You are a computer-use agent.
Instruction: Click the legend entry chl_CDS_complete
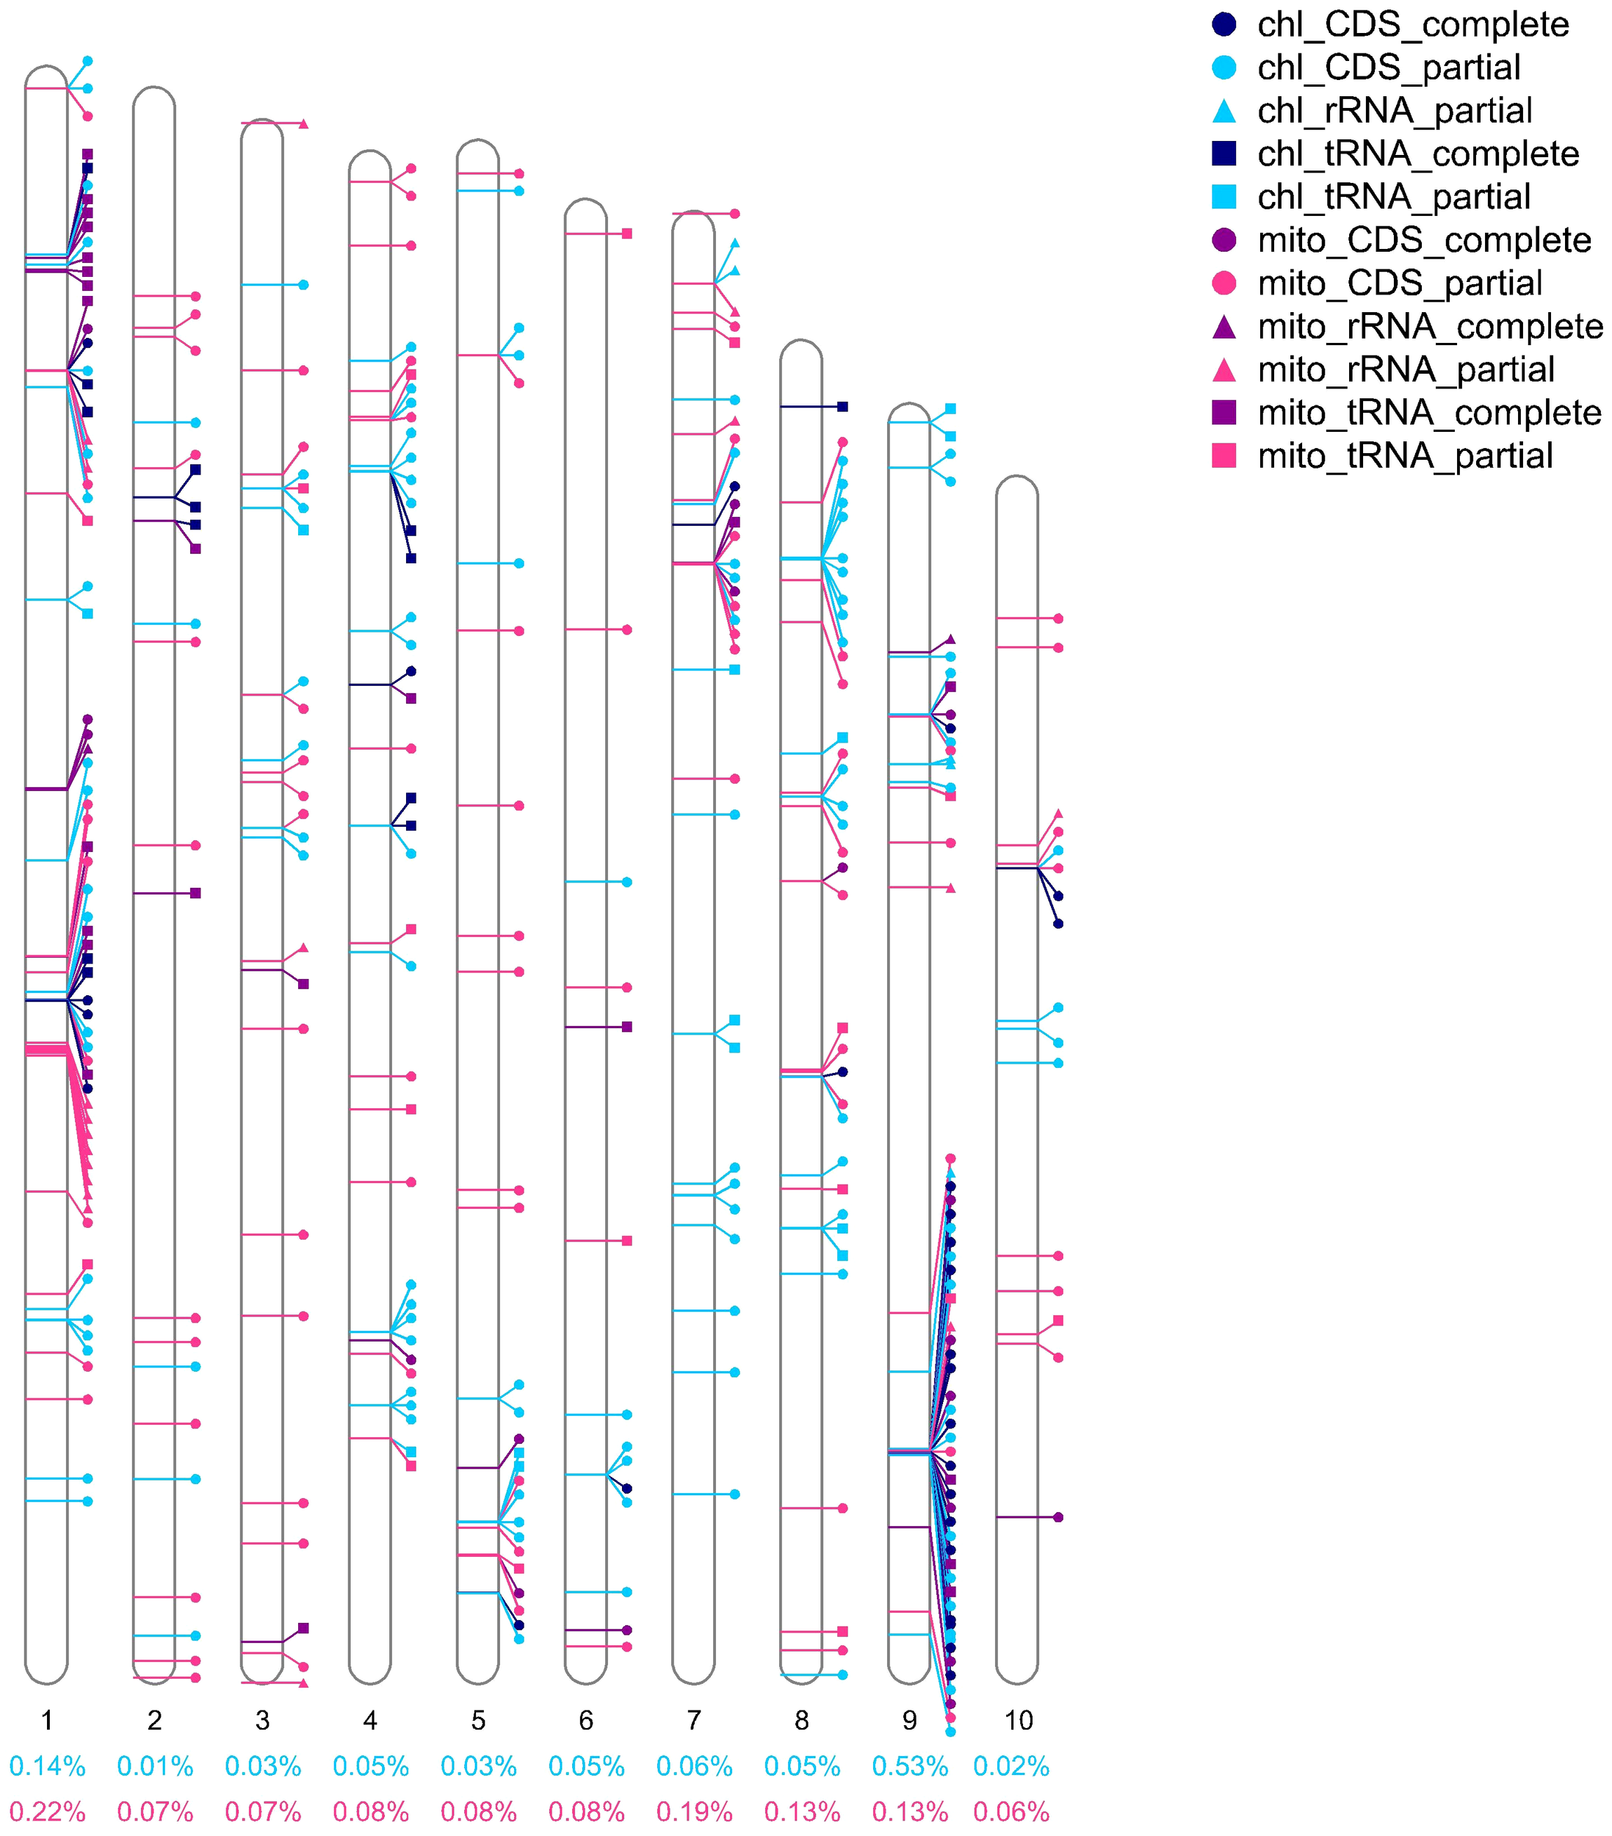point(1413,25)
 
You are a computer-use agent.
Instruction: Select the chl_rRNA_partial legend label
point(1395,112)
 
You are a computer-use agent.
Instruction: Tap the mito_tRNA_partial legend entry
point(1405,456)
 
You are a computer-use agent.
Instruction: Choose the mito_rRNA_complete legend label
point(1430,327)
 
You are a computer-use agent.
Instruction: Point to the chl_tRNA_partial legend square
point(1224,197)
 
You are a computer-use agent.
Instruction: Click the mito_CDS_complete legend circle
point(1224,240)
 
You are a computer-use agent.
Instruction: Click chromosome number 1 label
point(47,1720)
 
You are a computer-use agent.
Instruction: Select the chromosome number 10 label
point(1017,1720)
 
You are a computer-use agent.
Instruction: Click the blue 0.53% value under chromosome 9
point(910,1767)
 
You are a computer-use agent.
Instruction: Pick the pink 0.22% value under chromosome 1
point(47,1812)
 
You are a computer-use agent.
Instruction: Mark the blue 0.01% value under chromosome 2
point(154,1767)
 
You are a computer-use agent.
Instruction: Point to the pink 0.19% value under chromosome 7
point(694,1812)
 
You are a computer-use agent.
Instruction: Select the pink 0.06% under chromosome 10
point(1011,1812)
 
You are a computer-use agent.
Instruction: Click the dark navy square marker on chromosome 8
point(842,407)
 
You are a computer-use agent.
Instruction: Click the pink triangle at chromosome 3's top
point(303,123)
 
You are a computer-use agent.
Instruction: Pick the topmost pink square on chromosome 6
point(627,234)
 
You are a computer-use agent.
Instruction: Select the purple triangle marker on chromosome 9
point(950,640)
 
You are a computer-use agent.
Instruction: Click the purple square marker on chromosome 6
point(627,1027)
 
